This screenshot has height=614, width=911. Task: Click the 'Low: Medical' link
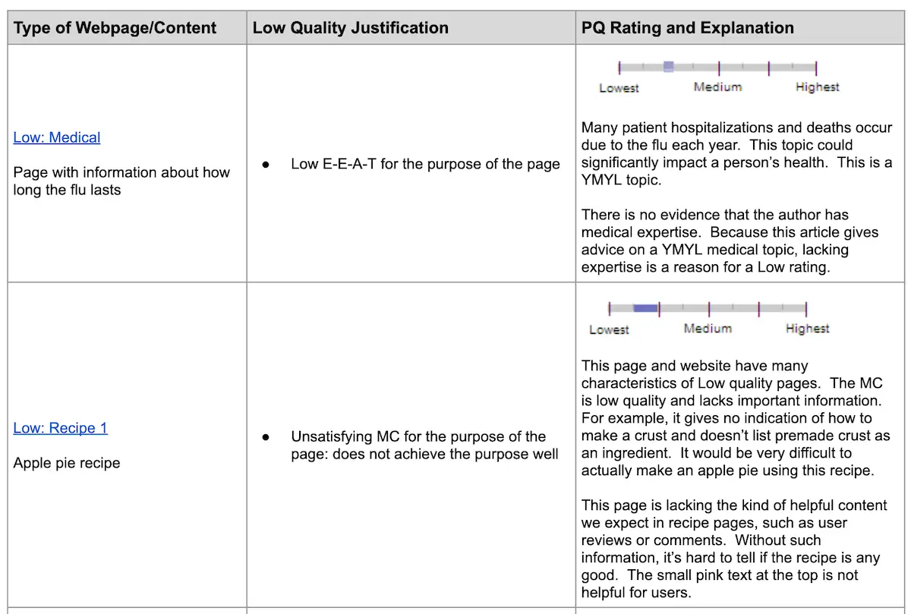click(x=57, y=137)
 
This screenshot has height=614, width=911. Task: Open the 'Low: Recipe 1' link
click(x=61, y=428)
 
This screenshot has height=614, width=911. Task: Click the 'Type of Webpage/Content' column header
click(x=115, y=28)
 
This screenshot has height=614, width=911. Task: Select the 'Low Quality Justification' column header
click(x=350, y=28)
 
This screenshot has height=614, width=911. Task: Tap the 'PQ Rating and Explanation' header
click(x=687, y=28)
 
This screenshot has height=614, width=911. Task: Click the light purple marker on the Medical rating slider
click(x=668, y=67)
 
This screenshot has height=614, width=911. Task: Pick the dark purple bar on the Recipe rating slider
click(x=645, y=308)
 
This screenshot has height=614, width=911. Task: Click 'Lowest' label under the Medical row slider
click(x=619, y=88)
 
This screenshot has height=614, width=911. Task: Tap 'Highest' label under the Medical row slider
click(x=817, y=87)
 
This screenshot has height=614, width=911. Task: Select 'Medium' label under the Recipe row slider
click(x=708, y=329)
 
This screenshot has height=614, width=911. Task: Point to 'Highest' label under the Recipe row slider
click(x=807, y=329)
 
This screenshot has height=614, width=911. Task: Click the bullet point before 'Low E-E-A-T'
click(x=266, y=164)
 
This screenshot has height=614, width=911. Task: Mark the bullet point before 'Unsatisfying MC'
click(x=266, y=437)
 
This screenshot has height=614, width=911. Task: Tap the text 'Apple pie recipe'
click(x=67, y=463)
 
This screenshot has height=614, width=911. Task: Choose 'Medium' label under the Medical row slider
click(x=717, y=87)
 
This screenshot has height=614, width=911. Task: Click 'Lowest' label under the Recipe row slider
click(x=609, y=329)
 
